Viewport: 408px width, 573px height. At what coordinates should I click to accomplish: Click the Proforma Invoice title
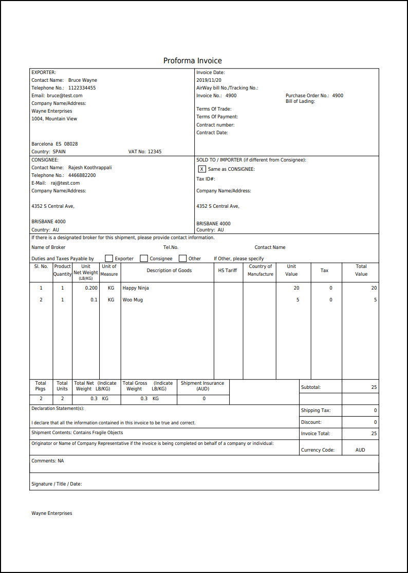point(193,61)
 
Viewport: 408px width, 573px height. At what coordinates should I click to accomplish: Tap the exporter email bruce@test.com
point(64,96)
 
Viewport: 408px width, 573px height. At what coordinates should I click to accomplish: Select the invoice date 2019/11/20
point(209,80)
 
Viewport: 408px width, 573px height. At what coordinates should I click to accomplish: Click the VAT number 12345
point(154,152)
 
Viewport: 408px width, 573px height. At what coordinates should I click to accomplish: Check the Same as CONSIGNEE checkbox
point(201,169)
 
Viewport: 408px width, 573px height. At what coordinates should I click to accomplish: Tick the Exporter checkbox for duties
point(109,258)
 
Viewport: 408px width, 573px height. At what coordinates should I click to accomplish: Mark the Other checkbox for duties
point(182,258)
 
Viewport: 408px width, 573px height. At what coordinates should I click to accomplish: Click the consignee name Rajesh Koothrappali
point(90,168)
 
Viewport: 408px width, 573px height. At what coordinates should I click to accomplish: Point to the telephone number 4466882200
point(82,175)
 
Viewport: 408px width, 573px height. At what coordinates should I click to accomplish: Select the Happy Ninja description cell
point(136,288)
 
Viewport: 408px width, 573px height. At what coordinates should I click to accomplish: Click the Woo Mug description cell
point(133,300)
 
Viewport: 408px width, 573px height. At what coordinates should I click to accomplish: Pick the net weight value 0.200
point(91,288)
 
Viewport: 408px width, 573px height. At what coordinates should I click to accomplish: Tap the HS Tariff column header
point(228,271)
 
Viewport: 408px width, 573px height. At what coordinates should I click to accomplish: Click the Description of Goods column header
point(169,271)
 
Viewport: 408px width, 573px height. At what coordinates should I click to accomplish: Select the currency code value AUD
point(360,450)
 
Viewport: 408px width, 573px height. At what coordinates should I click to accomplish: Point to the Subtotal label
point(311,387)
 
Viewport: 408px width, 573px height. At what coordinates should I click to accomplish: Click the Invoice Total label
point(316,434)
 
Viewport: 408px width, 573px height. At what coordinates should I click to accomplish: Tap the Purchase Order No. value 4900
point(338,96)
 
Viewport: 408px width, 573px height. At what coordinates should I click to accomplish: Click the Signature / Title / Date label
point(57,484)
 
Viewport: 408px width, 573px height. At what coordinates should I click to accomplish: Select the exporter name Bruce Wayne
point(83,80)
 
